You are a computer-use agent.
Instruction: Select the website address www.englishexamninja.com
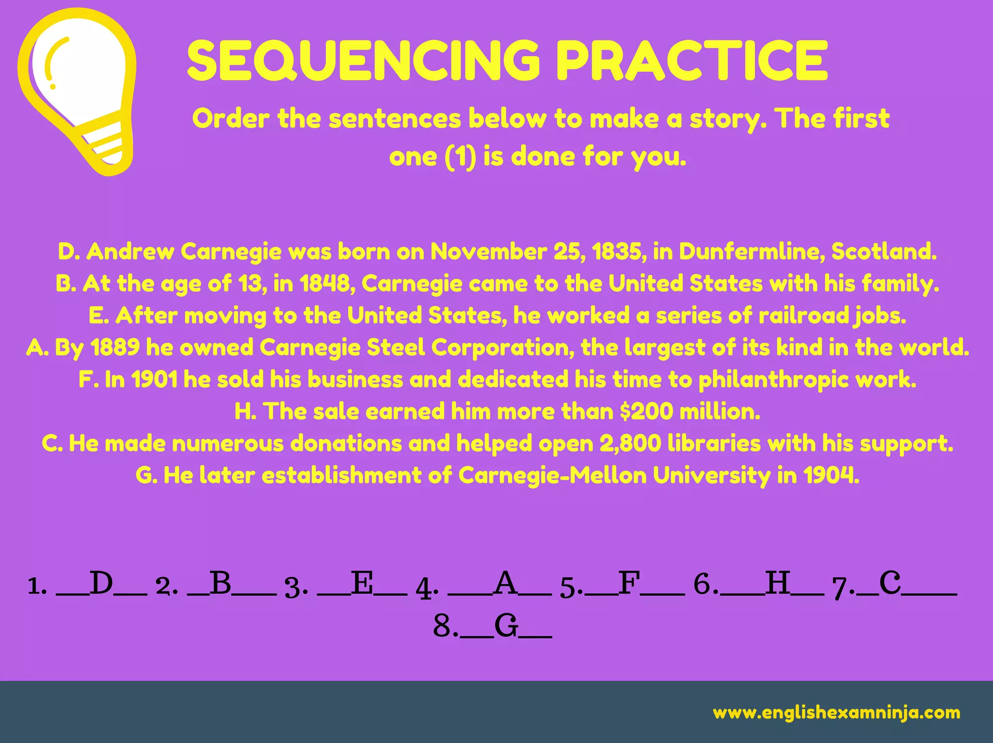836,712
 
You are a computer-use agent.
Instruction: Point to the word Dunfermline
751,251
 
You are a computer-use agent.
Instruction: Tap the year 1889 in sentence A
115,347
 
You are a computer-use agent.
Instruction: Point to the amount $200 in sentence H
646,412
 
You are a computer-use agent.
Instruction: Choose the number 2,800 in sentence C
630,444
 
